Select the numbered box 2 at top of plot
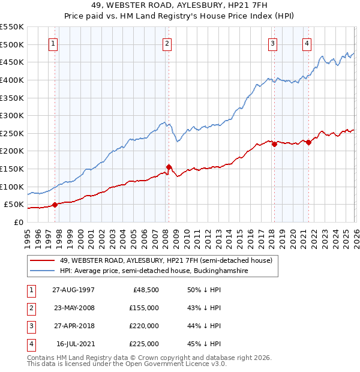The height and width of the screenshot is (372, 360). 167,43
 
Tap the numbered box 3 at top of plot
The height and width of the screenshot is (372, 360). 272,43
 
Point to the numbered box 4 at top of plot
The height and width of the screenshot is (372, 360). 307,43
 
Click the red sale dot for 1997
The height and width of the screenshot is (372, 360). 55,205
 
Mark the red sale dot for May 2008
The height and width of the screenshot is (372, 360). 169,167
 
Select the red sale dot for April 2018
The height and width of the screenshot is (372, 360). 274,144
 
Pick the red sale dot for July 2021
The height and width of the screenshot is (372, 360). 308,142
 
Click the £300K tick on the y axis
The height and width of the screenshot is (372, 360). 12,115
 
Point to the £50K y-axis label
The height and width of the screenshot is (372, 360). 14,205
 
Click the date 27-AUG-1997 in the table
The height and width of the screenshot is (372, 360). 73,289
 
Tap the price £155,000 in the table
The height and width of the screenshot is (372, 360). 143,307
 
